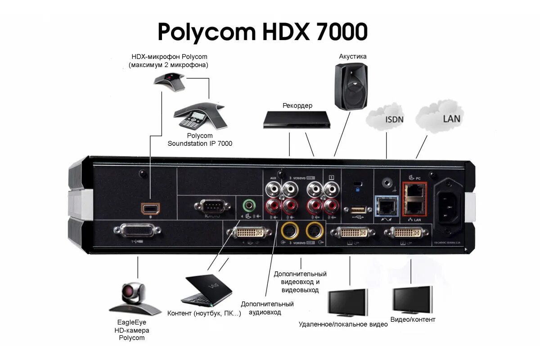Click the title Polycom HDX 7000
(262, 32)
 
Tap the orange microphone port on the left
(149, 208)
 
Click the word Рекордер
(297, 106)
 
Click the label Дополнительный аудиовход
(267, 308)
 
